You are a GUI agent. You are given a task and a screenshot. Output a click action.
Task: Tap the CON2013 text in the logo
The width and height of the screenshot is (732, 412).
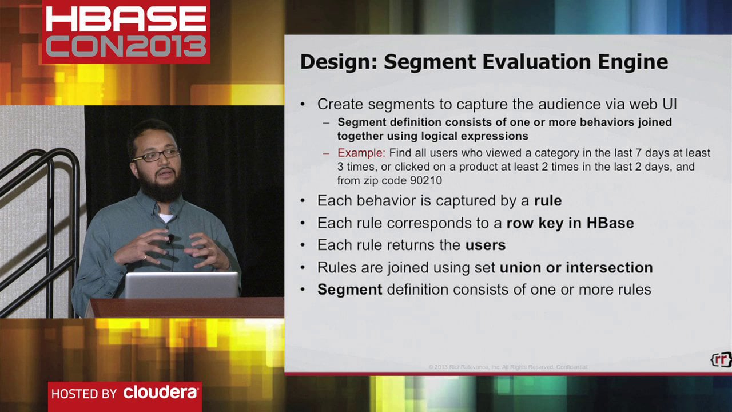click(x=126, y=46)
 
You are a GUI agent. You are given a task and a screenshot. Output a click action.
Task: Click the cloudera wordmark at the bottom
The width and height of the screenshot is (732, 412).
click(x=161, y=393)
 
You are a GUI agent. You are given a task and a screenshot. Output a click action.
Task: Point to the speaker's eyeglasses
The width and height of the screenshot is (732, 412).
click(x=156, y=154)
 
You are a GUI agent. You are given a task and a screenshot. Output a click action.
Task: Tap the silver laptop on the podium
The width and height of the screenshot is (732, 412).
click(x=181, y=284)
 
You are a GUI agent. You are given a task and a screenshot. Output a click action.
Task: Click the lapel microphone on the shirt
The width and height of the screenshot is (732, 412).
click(x=170, y=238)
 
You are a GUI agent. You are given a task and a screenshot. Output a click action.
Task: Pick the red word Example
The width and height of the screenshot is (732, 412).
click(x=361, y=153)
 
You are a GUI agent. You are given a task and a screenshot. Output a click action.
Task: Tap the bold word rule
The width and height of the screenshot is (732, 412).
click(x=548, y=201)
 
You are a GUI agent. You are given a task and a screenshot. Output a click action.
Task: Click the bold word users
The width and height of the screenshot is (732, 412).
click(x=486, y=245)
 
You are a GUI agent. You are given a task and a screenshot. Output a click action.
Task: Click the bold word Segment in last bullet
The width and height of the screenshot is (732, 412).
click(x=349, y=290)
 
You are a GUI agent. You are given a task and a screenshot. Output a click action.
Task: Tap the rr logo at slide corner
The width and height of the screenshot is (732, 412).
click(x=721, y=359)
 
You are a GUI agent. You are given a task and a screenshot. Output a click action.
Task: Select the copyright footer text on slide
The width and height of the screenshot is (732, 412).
click(x=508, y=367)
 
